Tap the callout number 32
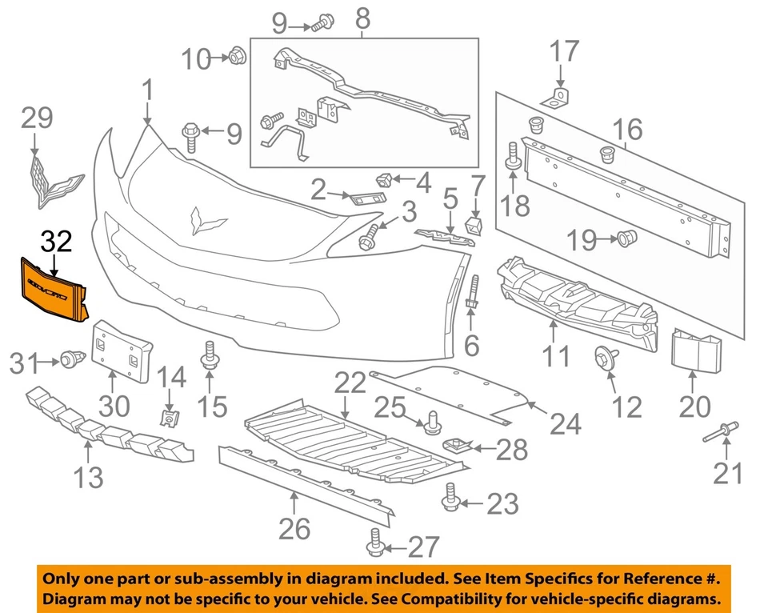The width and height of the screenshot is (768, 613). tap(56, 239)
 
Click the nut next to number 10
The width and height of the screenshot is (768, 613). tap(236, 57)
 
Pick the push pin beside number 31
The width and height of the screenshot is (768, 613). tap(69, 362)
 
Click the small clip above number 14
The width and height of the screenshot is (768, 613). tap(168, 416)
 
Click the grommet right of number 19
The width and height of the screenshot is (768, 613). tap(626, 238)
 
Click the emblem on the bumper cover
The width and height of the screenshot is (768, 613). tap(206, 219)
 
